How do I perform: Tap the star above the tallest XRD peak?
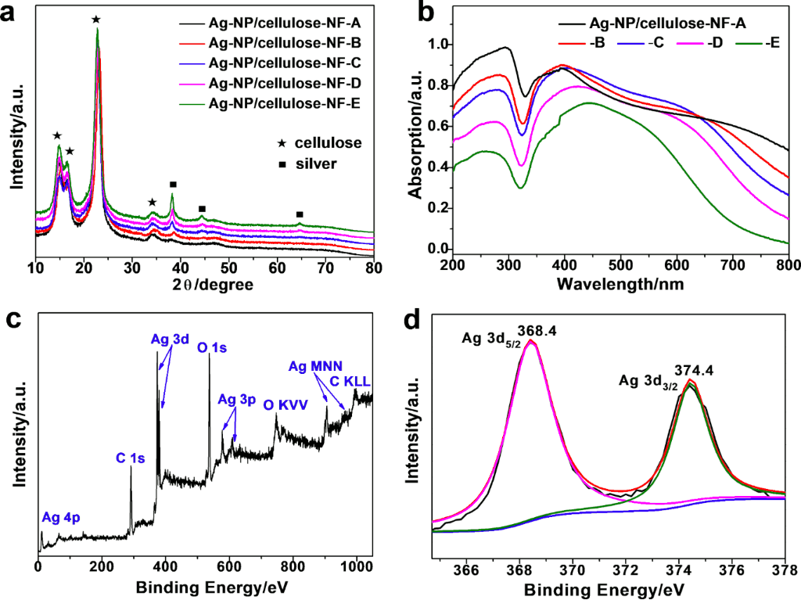(95, 20)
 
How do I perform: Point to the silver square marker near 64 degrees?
(300, 214)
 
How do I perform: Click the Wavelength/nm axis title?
(621, 285)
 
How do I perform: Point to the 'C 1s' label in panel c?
(131, 459)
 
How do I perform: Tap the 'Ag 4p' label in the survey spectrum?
(61, 517)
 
